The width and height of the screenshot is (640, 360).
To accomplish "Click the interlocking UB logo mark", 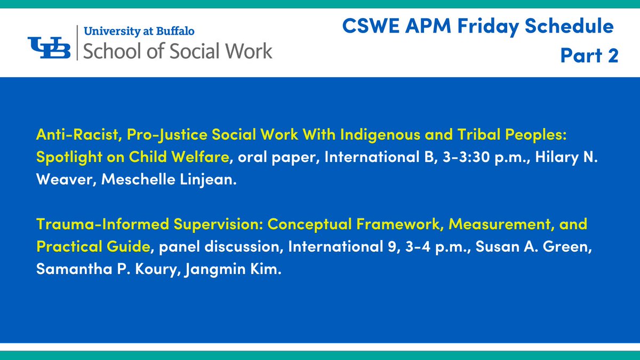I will click(x=50, y=47).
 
